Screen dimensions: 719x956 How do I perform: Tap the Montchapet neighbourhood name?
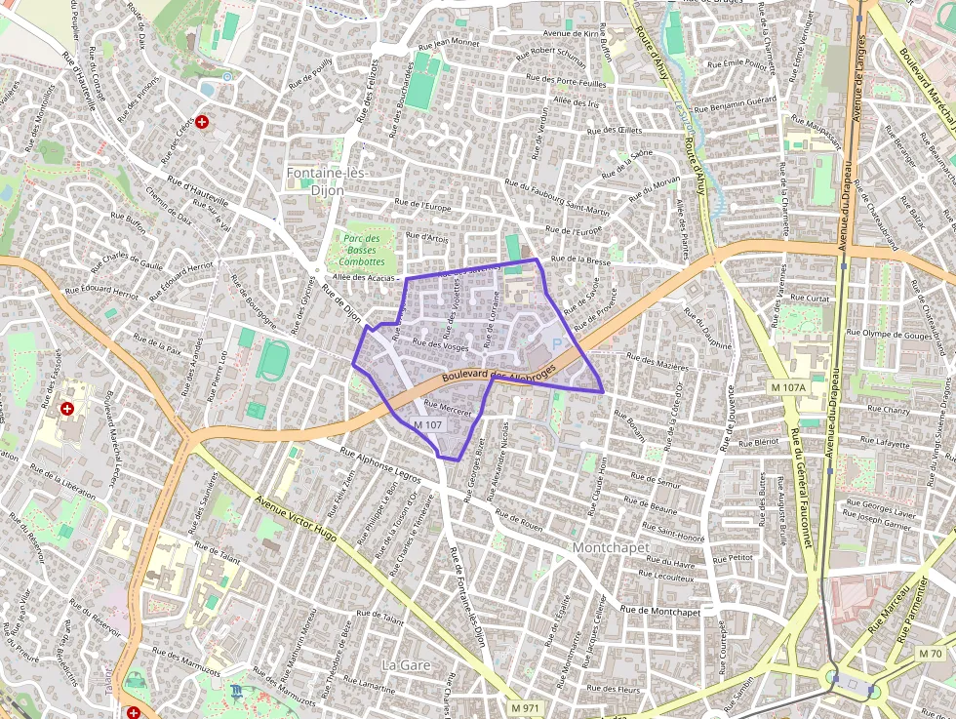(x=611, y=547)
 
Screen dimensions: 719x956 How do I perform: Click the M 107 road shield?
(x=427, y=425)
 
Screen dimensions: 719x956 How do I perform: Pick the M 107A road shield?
(x=788, y=387)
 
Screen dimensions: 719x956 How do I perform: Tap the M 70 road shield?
(x=931, y=653)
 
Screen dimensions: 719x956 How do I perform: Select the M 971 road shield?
(x=525, y=707)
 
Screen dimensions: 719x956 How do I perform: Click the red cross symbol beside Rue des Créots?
(x=202, y=122)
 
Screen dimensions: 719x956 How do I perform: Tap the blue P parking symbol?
(x=557, y=343)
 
